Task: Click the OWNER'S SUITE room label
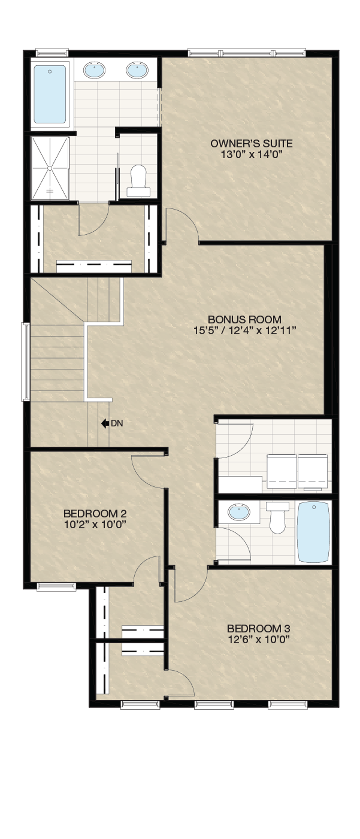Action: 251,143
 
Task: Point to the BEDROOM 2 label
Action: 95,514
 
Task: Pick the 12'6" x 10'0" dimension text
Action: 259,640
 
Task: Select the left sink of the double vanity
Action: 94,70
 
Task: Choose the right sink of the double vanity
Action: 137,70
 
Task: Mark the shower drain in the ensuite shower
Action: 50,168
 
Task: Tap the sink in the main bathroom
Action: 239,512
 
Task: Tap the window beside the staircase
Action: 26,361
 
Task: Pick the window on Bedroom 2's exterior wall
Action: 56,587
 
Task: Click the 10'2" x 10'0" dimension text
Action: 95,525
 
